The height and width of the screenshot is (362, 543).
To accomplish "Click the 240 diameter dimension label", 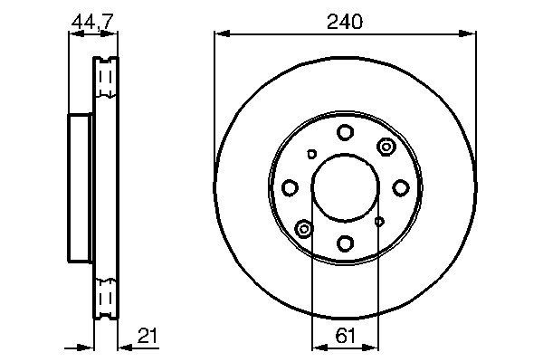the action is [x=345, y=22].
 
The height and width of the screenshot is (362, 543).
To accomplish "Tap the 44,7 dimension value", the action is [x=92, y=22].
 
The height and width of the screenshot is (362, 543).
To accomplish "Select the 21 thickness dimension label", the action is [x=148, y=336].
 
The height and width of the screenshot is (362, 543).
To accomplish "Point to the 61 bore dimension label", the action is [x=346, y=336].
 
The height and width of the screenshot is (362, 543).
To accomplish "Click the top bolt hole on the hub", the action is [x=346, y=132].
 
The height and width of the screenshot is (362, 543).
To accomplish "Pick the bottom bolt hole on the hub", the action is [x=346, y=243].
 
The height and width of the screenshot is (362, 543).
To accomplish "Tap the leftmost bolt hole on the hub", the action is [x=290, y=187].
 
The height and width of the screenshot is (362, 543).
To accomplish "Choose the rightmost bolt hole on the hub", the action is [x=401, y=187].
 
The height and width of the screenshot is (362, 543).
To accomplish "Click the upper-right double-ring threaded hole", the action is [x=386, y=147].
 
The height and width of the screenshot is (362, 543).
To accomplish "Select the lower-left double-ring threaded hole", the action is [x=304, y=229].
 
